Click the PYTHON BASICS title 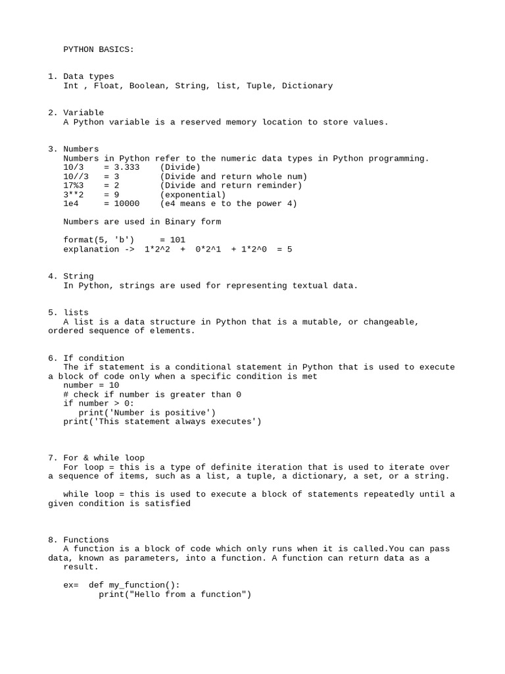99,49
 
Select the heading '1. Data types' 81,76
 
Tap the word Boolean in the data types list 147,86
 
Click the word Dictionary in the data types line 307,86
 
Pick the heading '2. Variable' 76,113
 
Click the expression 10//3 76,176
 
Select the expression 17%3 74,186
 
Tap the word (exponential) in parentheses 193,195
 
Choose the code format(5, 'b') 99,240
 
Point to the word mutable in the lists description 320,322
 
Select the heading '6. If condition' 86,358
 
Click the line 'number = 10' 91,386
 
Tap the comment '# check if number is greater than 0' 152,394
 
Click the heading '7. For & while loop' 97,457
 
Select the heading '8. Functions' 78,540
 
